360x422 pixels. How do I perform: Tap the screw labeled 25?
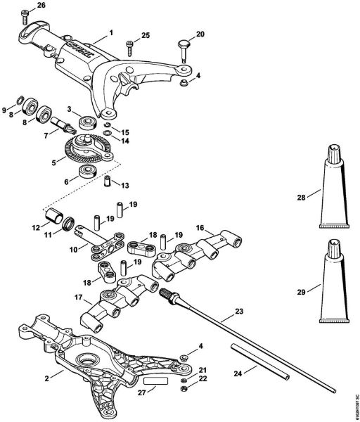pyautogui.click(x=130, y=46)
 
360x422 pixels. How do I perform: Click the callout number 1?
pyautogui.click(x=110, y=33)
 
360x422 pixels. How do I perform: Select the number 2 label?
pyautogui.click(x=47, y=378)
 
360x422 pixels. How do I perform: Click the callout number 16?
pyautogui.click(x=200, y=227)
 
